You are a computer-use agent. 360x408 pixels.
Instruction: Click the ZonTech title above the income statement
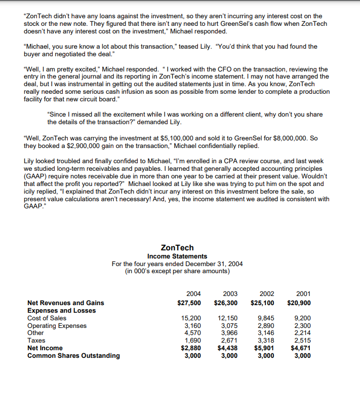click(x=177, y=248)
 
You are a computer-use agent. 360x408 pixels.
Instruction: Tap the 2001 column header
click(x=303, y=293)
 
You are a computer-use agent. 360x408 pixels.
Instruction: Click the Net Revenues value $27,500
click(x=189, y=303)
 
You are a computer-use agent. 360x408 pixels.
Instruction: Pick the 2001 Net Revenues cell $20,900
click(x=299, y=303)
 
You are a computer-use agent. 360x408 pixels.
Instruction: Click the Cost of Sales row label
click(x=47, y=318)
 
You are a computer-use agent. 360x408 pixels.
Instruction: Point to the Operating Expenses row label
click(x=57, y=326)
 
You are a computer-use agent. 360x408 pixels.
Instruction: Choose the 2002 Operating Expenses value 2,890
click(x=266, y=326)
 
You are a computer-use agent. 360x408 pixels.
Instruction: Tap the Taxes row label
click(x=35, y=341)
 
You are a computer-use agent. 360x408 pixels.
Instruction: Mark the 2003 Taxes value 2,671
click(x=230, y=341)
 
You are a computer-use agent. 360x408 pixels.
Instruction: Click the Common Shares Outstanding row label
click(x=73, y=355)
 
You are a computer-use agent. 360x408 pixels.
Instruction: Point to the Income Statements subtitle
click(x=177, y=256)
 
